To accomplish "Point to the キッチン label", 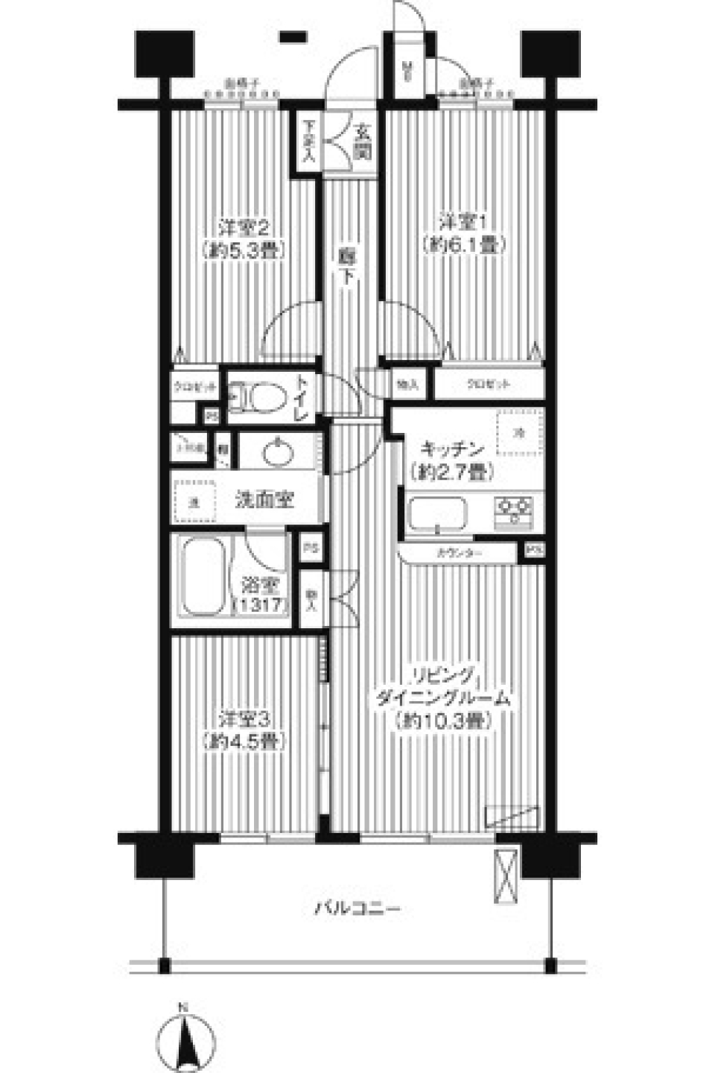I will click(x=444, y=449).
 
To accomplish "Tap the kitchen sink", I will click(x=439, y=513).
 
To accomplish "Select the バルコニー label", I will click(x=357, y=908).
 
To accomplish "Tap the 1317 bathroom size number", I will click(x=260, y=605).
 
